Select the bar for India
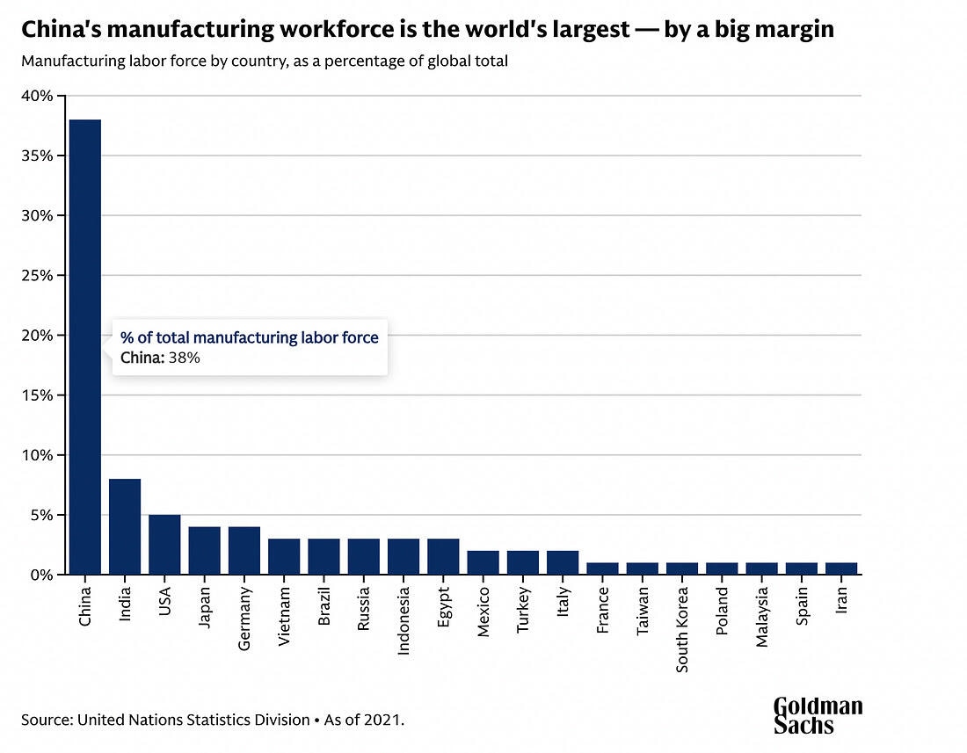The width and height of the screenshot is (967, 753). (x=125, y=527)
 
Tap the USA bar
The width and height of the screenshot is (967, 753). (x=164, y=545)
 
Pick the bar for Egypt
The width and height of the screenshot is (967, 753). (x=443, y=557)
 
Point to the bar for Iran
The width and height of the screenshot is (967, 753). (x=841, y=568)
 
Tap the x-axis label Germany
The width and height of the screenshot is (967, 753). (x=244, y=619)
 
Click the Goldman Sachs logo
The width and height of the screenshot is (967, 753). (x=818, y=715)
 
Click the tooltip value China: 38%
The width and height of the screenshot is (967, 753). (x=161, y=358)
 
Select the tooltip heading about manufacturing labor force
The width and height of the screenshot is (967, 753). (x=250, y=337)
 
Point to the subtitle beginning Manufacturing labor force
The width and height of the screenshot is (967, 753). (x=265, y=62)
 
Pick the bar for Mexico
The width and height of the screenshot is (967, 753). (x=483, y=562)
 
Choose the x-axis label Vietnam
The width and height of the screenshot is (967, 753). (x=284, y=619)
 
